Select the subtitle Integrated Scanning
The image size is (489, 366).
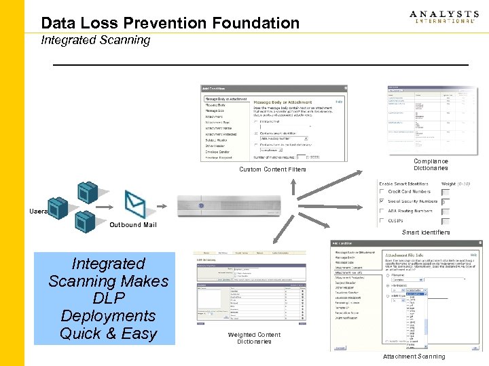[95, 40]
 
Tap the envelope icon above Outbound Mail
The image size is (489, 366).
[135, 203]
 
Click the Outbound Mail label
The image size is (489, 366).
[133, 225]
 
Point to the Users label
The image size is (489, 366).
[38, 211]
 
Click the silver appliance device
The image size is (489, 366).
[228, 205]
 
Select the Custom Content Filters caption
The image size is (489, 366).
[272, 169]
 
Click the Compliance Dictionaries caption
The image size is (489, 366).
[431, 165]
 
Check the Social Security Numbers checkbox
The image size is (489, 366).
[381, 201]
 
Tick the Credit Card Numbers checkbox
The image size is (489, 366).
[381, 192]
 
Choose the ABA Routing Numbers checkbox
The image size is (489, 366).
[381, 211]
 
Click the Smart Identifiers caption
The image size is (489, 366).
[426, 232]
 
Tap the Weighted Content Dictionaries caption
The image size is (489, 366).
[254, 338]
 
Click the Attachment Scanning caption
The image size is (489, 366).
[414, 357]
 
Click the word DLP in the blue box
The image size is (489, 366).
[108, 298]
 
